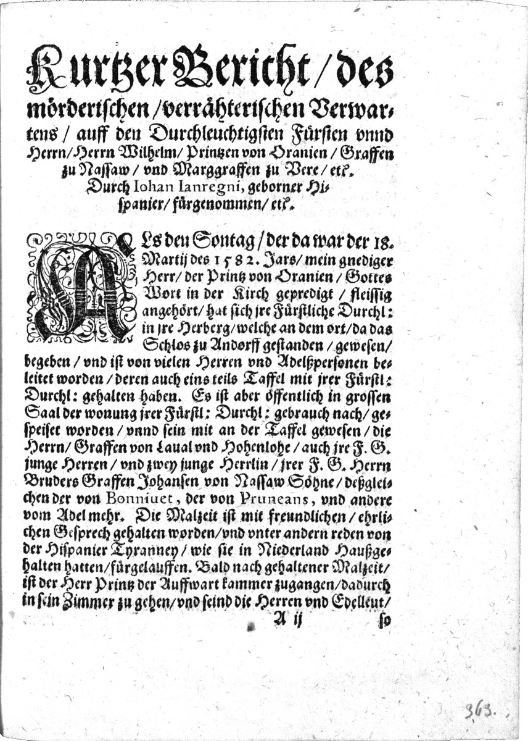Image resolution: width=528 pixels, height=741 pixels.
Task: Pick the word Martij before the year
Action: pyautogui.click(x=162, y=256)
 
